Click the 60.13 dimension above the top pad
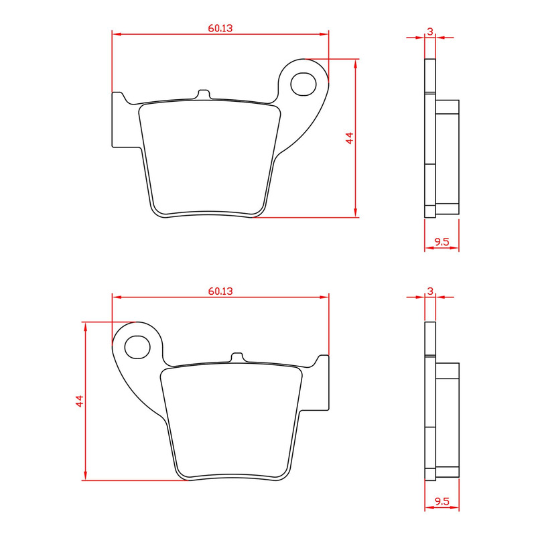click(220, 28)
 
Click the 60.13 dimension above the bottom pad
click(220, 291)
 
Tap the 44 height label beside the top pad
click(348, 139)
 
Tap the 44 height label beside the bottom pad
click(79, 401)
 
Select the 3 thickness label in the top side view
click(429, 31)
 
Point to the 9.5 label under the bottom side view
click(442, 501)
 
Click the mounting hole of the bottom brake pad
click(138, 346)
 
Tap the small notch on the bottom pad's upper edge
click(237, 357)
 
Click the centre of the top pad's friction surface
click(209, 157)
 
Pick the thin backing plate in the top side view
click(429, 137)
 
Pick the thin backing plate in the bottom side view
click(429, 401)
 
